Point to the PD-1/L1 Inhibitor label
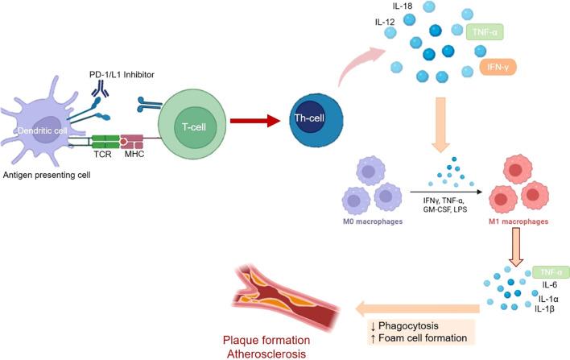coord(122,75)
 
